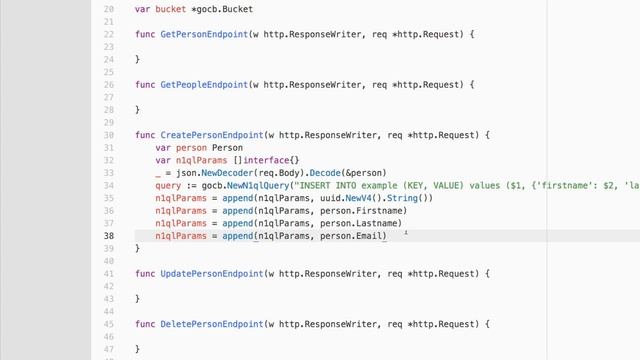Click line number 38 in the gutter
(111, 236)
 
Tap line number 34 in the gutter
(111, 173)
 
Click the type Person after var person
(227, 148)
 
